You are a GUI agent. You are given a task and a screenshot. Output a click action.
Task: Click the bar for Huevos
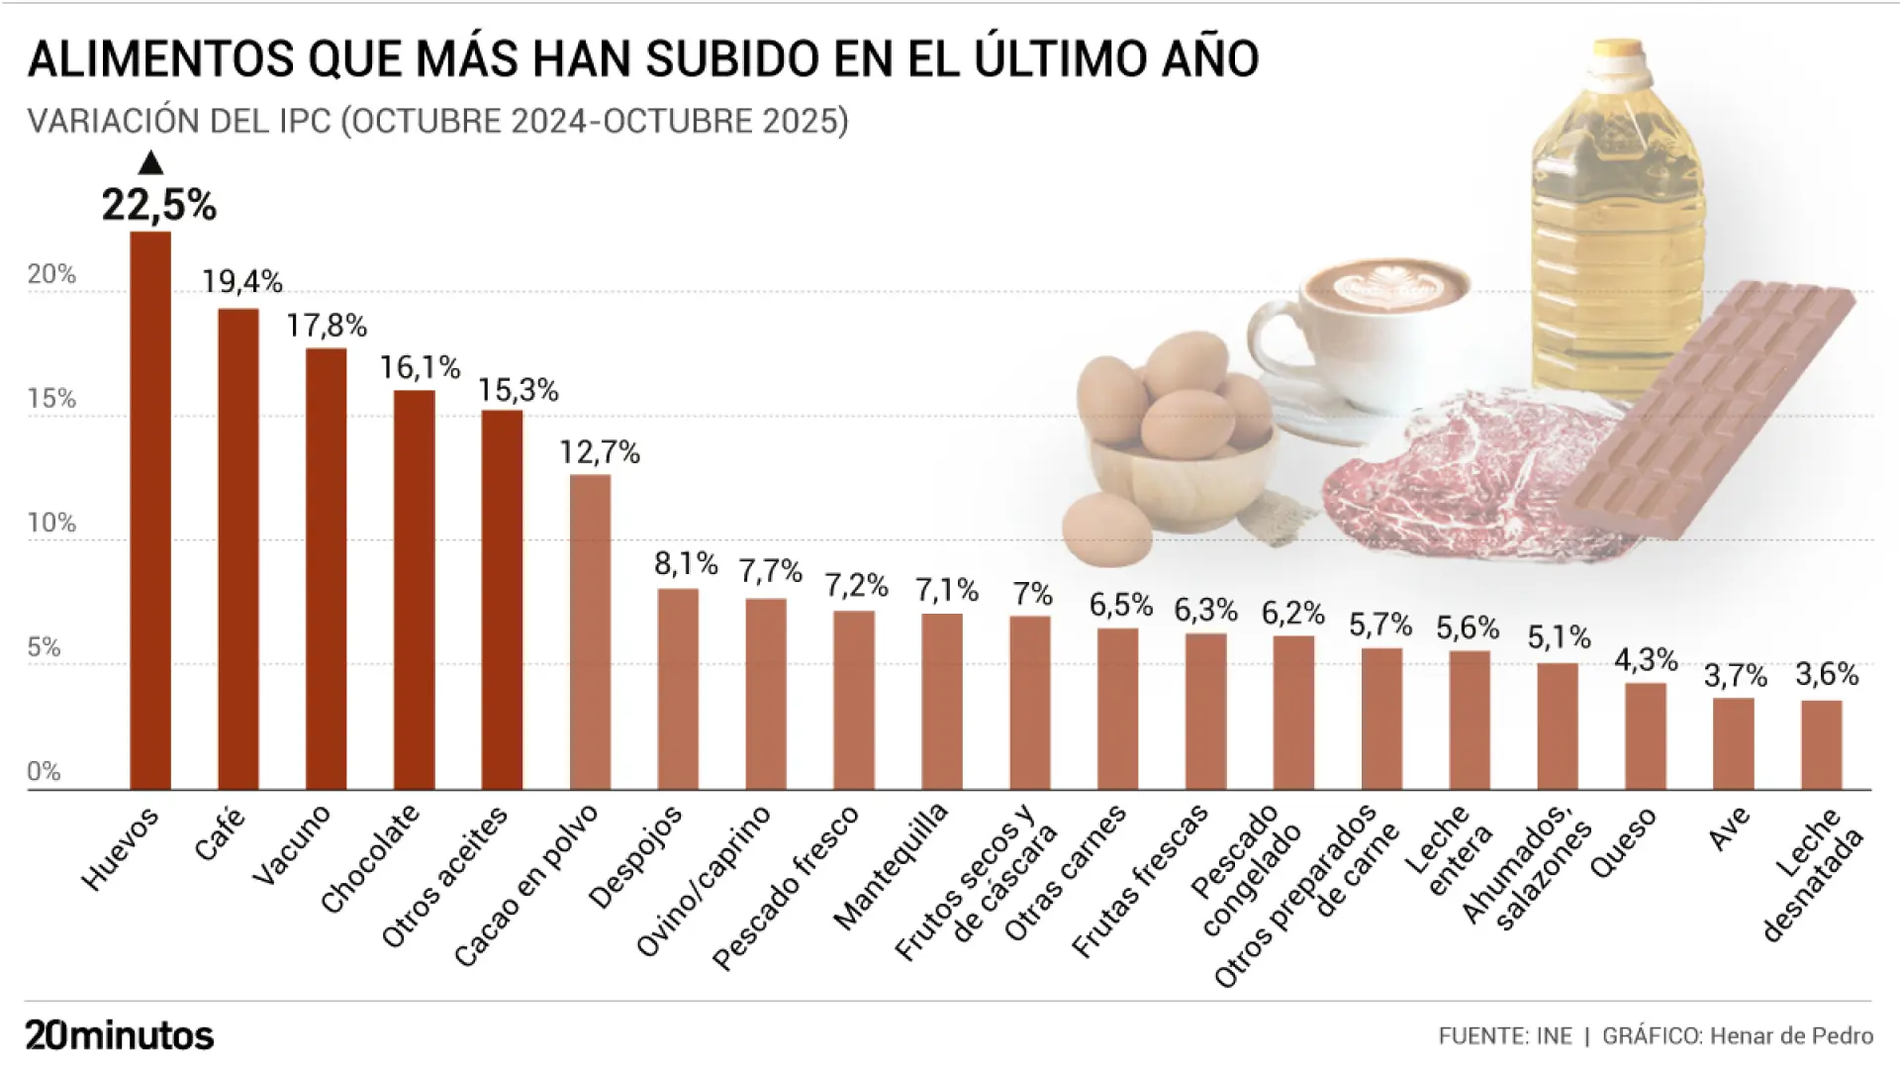[150, 510]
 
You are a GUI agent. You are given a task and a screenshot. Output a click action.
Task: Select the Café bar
[238, 549]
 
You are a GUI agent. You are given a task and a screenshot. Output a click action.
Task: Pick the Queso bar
[1646, 736]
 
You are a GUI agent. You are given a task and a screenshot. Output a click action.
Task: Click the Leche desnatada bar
[1821, 744]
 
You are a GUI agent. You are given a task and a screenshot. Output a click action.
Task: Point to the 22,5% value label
[159, 205]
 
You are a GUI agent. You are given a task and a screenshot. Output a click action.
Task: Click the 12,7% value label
[600, 452]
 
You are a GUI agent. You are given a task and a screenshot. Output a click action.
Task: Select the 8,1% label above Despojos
[686, 564]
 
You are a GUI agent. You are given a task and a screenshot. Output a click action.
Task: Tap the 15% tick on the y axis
[51, 399]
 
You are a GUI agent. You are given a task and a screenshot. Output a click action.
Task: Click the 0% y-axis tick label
[44, 772]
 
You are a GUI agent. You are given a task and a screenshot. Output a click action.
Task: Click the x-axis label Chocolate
[370, 859]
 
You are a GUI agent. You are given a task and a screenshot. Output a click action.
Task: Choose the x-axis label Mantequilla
[891, 866]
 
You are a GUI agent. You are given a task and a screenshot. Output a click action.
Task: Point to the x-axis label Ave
[1730, 829]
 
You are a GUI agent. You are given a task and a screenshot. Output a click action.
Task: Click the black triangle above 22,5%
[150, 163]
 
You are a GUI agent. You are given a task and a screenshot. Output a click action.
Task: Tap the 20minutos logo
[120, 1035]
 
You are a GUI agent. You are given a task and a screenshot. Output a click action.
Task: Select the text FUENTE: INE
[1505, 1036]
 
